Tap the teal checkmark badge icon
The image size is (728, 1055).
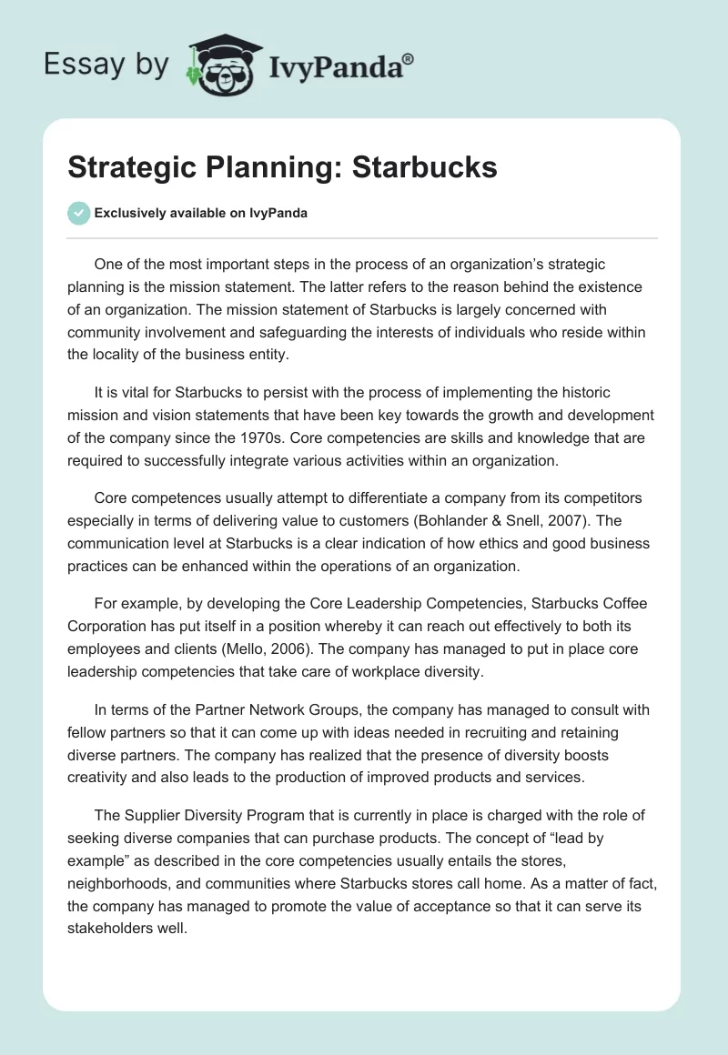coord(78,213)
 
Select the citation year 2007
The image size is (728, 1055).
coord(563,522)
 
